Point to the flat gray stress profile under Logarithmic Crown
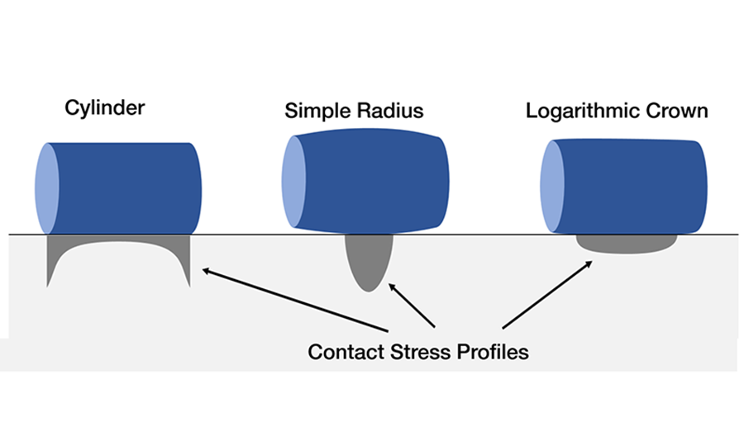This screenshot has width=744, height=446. pyautogui.click(x=625, y=244)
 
